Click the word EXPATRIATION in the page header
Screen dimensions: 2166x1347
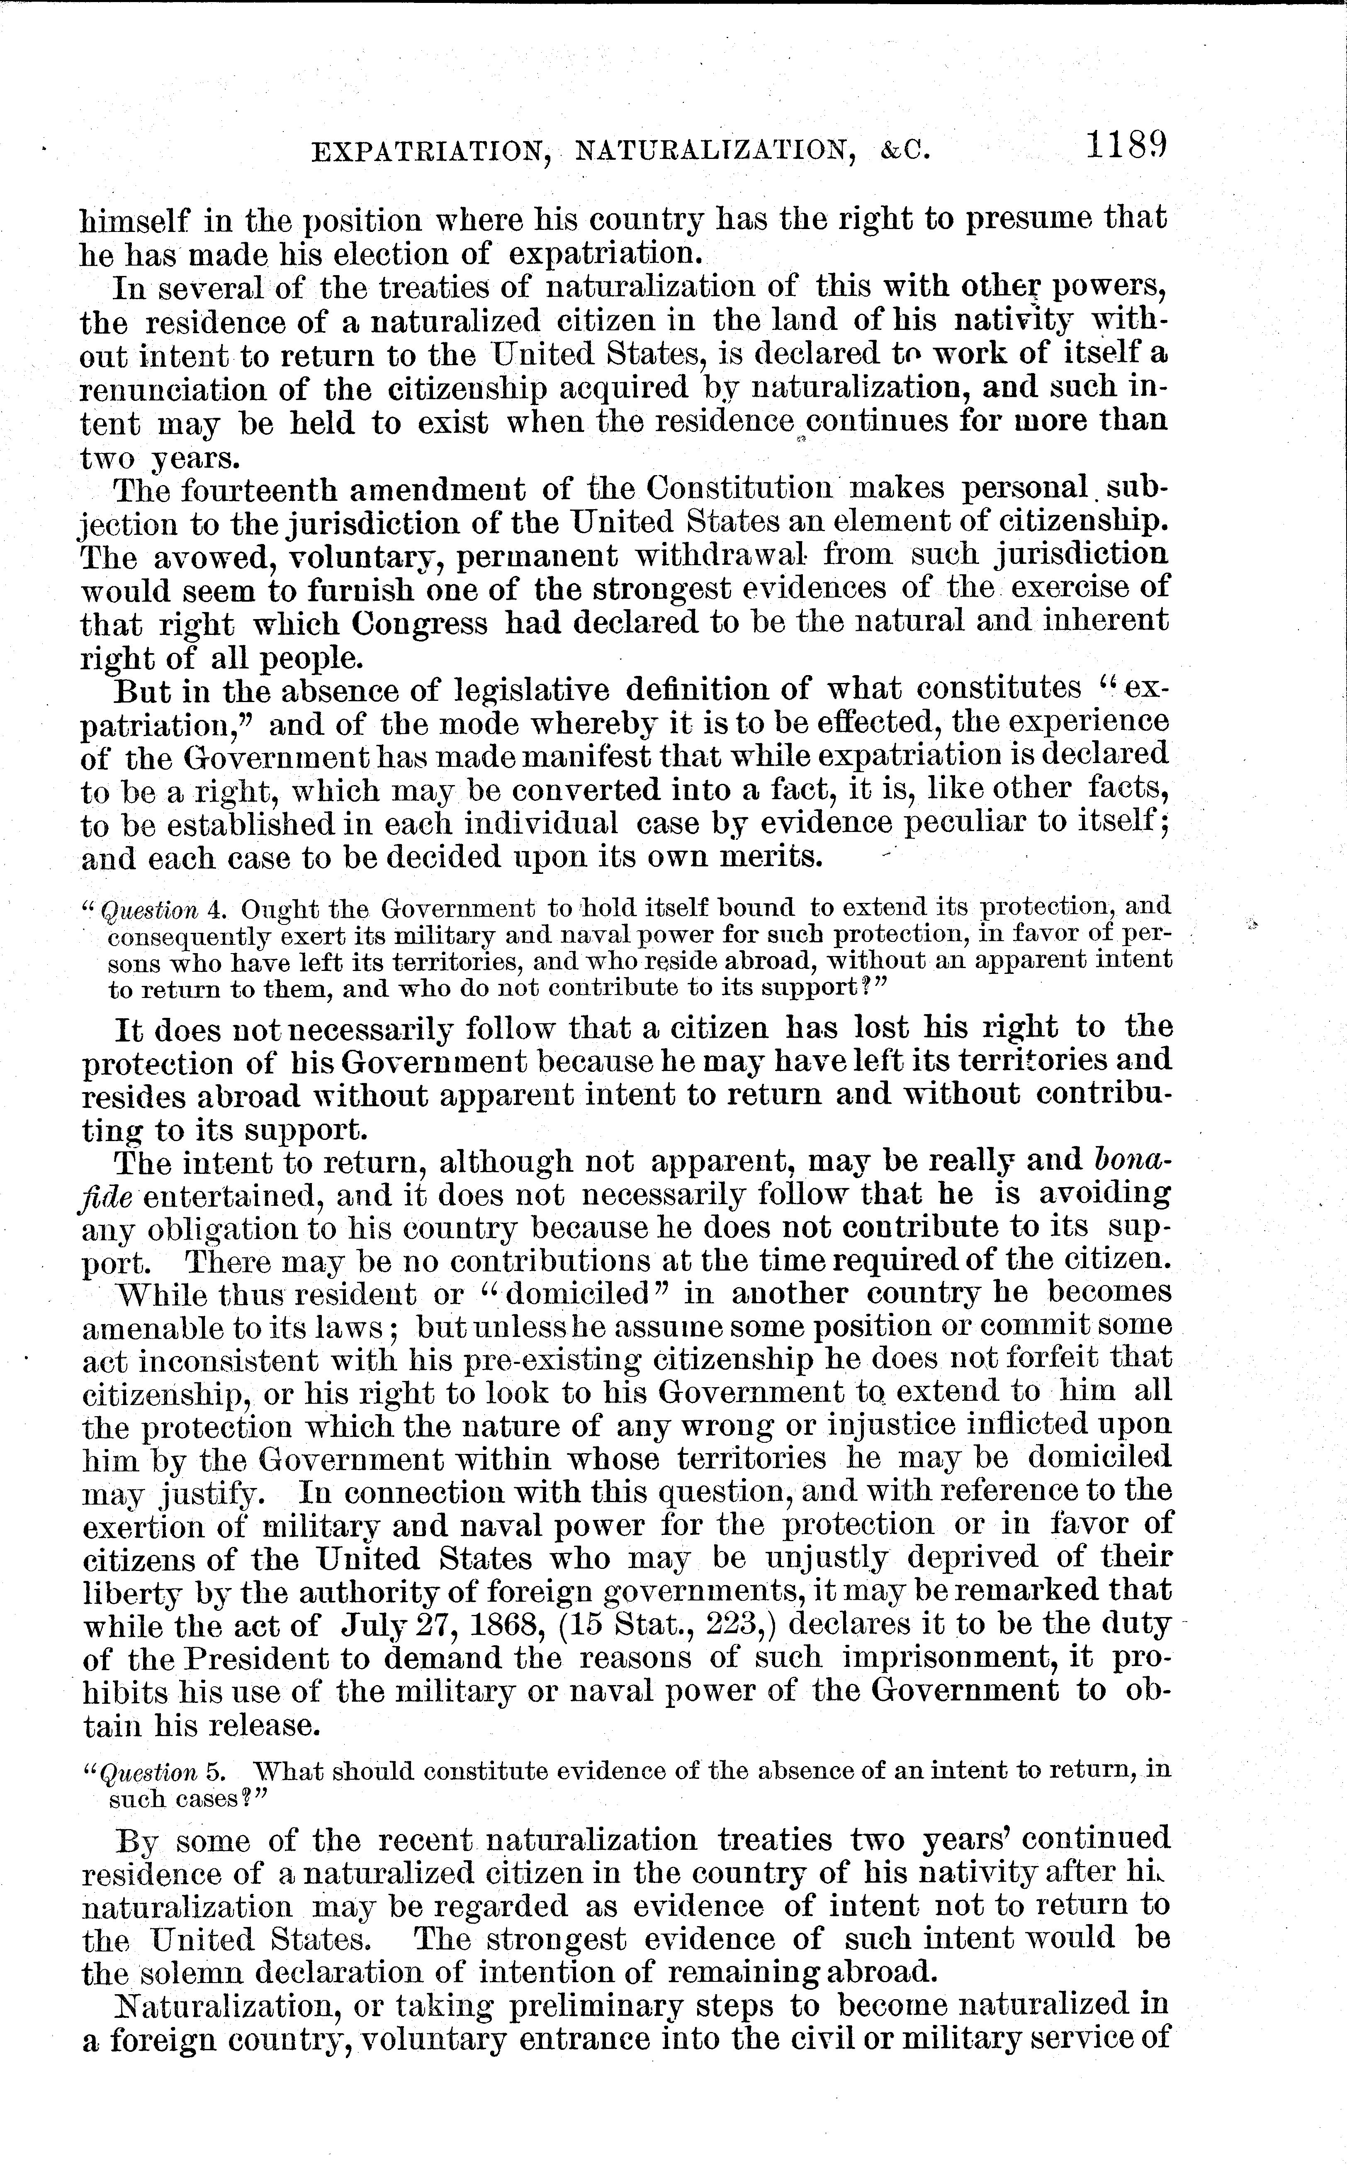point(428,153)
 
